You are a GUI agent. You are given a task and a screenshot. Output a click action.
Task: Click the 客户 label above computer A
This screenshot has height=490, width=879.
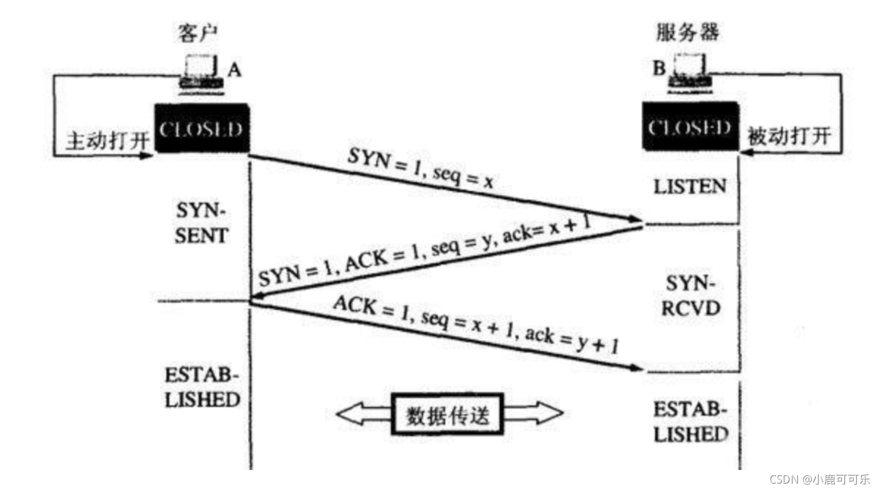coord(197,33)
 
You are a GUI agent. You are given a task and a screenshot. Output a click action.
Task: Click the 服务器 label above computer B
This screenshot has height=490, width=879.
coord(687,32)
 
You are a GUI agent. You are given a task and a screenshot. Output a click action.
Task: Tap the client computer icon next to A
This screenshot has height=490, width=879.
coord(201,73)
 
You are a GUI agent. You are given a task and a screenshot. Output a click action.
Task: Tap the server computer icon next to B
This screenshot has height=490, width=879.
coord(690,72)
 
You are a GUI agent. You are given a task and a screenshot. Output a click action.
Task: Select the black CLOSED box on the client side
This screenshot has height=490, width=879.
coord(202,128)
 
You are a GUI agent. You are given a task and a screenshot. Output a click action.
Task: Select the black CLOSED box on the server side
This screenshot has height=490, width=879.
coord(690,127)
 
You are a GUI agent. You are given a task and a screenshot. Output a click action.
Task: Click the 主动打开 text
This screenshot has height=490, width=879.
coord(107,141)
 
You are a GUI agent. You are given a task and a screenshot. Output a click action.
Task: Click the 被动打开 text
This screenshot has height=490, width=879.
coord(789,137)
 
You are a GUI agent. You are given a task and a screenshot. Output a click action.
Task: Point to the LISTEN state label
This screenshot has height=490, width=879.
coord(690,187)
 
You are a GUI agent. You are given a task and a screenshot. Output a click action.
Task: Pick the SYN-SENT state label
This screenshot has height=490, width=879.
coord(201,223)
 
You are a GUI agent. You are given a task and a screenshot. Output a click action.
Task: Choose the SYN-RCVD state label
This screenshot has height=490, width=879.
coord(691,296)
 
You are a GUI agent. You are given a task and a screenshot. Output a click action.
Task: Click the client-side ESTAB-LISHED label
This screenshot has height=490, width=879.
coord(202,388)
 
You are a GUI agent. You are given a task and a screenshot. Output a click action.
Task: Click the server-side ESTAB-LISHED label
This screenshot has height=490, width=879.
coord(691,422)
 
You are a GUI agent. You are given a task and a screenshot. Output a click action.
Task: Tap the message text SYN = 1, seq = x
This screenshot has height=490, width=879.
coord(420,168)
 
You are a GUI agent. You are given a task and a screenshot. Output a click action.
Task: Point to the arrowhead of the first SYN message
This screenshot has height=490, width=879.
coord(638,220)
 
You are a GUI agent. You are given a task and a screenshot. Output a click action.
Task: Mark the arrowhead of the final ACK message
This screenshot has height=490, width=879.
coord(638,368)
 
